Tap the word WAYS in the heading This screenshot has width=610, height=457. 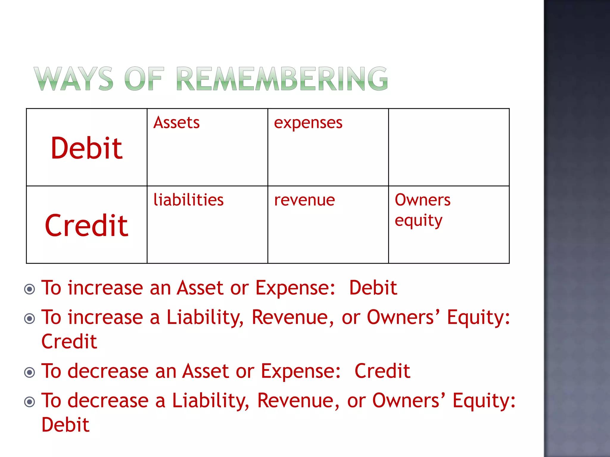(x=74, y=79)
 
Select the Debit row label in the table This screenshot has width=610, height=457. (x=87, y=148)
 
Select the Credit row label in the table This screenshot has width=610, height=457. (x=87, y=226)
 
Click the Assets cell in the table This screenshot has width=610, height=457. (x=177, y=123)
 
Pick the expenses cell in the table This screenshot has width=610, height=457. (x=308, y=123)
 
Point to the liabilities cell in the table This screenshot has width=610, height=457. (x=189, y=200)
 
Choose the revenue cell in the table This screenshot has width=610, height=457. (x=304, y=200)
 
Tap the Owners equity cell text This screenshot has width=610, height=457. (x=422, y=210)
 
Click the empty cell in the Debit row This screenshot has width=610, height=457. (x=449, y=147)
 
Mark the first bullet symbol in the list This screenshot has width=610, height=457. (x=29, y=289)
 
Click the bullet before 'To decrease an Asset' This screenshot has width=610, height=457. (x=29, y=372)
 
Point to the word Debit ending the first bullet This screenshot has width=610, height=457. (x=373, y=288)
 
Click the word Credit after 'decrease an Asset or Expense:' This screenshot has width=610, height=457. (x=382, y=371)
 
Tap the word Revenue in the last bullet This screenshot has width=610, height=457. (x=298, y=400)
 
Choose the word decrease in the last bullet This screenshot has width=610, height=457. (x=108, y=400)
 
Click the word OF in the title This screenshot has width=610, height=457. (x=144, y=79)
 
